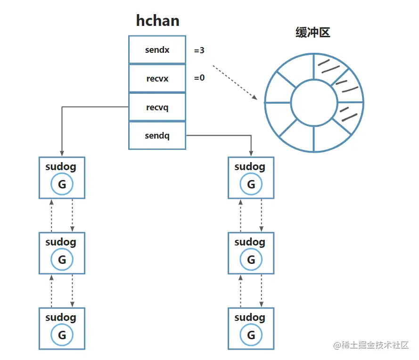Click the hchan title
[x=157, y=20]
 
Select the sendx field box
[x=157, y=49]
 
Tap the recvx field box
[x=157, y=78]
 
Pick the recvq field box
[x=157, y=107]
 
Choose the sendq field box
[x=157, y=136]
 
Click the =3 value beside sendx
[x=199, y=50]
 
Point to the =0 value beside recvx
[x=199, y=77]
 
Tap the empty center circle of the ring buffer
[x=314, y=102]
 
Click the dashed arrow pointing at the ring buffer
[x=234, y=82]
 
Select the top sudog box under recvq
[x=62, y=178]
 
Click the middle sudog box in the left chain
[x=62, y=253]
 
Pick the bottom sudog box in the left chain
[x=62, y=328]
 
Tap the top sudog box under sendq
[x=251, y=178]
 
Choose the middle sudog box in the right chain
[x=251, y=253]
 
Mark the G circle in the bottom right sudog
[x=251, y=335]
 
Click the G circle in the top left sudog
[x=62, y=184]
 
